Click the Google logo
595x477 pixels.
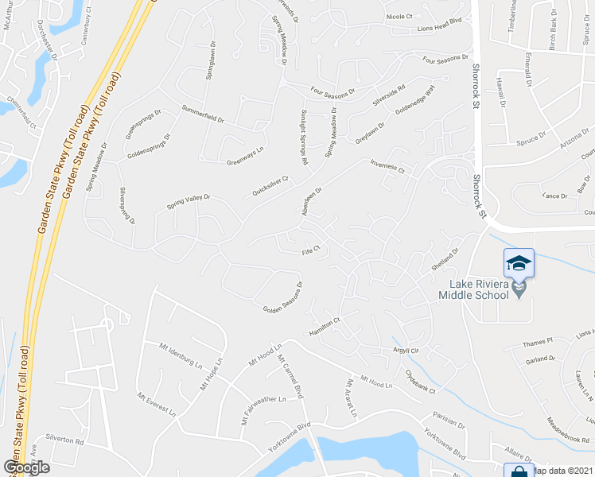pos(27,467)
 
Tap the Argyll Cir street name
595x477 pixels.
pos(403,350)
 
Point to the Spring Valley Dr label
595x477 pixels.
pos(188,202)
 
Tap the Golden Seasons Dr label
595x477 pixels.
pos(283,298)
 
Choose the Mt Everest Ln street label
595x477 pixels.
pos(156,404)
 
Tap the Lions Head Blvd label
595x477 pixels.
pos(434,29)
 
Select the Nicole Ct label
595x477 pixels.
pos(399,16)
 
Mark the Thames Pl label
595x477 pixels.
pos(538,343)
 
